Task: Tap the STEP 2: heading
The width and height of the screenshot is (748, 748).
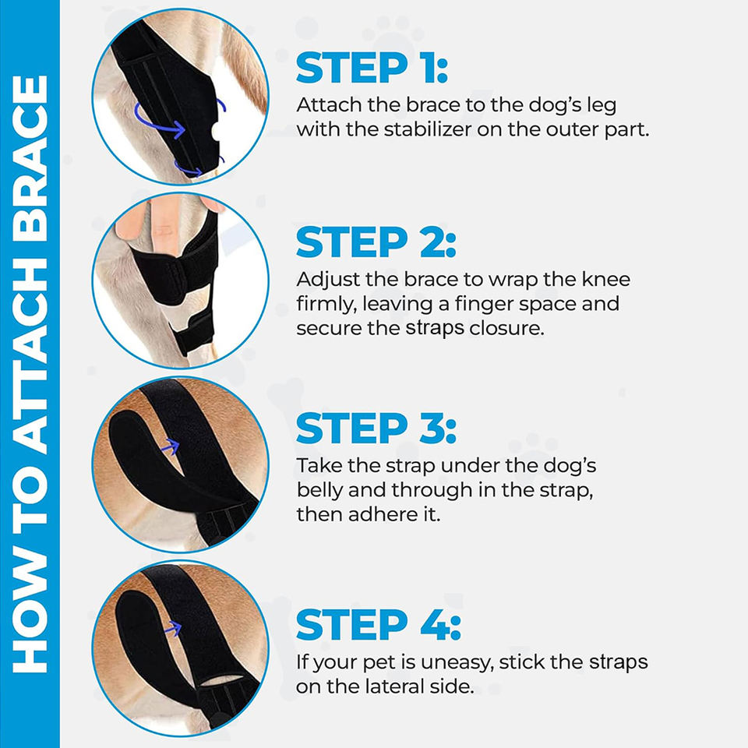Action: pos(376,242)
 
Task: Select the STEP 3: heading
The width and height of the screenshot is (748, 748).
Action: pos(376,428)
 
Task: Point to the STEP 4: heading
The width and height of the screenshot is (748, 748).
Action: pos(379,623)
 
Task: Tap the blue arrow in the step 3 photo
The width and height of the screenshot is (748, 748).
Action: pos(170,446)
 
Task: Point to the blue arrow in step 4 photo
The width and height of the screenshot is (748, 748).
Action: pos(173,629)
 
